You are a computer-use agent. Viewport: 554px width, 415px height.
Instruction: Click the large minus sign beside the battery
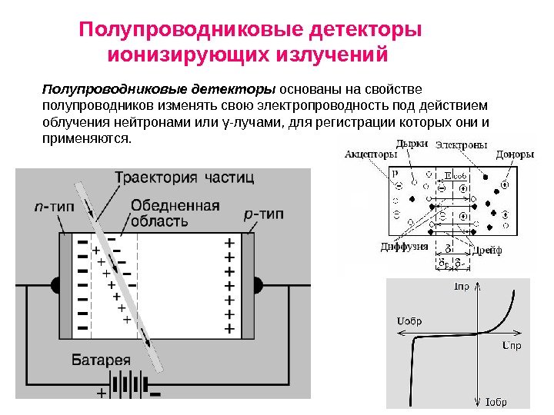pyautogui.click(x=155, y=396)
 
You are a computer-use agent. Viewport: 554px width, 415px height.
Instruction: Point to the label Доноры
pyautogui.click(x=514, y=154)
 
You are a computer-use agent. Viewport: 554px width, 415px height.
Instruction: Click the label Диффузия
pyautogui.click(x=403, y=247)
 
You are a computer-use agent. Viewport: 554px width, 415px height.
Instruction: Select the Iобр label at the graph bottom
pyautogui.click(x=498, y=401)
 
